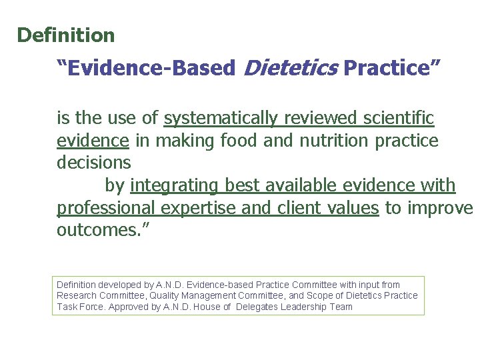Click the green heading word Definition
(x=66, y=35)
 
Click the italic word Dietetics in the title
(x=289, y=68)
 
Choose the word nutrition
(x=333, y=141)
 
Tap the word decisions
(x=94, y=162)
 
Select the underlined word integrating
(x=175, y=185)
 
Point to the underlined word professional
(x=104, y=208)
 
